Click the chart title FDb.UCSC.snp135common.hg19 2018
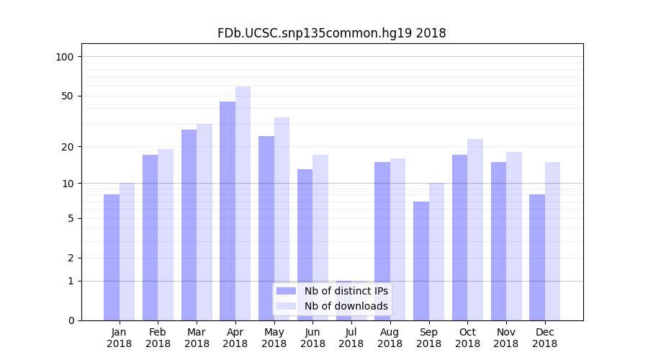(331, 33)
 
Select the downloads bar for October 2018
(475, 230)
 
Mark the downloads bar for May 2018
(282, 219)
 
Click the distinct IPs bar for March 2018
(189, 225)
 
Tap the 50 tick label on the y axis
(67, 96)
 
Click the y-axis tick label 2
(70, 258)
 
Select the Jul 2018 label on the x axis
(351, 338)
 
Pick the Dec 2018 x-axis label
(544, 338)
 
